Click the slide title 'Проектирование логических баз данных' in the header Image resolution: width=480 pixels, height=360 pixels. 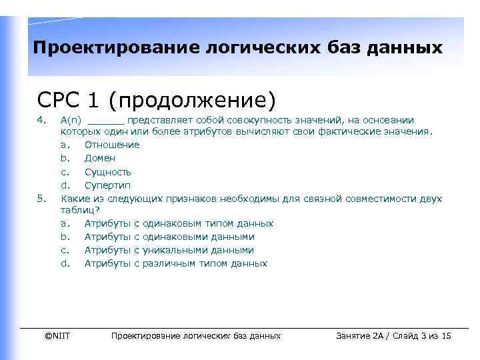pyautogui.click(x=237, y=48)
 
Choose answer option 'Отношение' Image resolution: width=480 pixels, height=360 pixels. pyautogui.click(x=112, y=145)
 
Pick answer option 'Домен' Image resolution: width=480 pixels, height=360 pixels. pyautogui.click(x=100, y=158)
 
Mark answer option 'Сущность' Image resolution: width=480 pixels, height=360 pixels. pyautogui.click(x=107, y=171)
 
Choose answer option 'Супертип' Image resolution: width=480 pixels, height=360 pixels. pyautogui.click(x=107, y=185)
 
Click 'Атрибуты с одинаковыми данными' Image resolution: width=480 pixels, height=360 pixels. pyautogui.click(x=169, y=237)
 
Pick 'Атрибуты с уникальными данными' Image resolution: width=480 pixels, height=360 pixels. pyautogui.click(x=169, y=250)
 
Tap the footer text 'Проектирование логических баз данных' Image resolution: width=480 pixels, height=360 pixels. pyautogui.click(x=195, y=335)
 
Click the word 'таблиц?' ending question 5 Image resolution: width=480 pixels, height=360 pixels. pyautogui.click(x=79, y=210)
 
